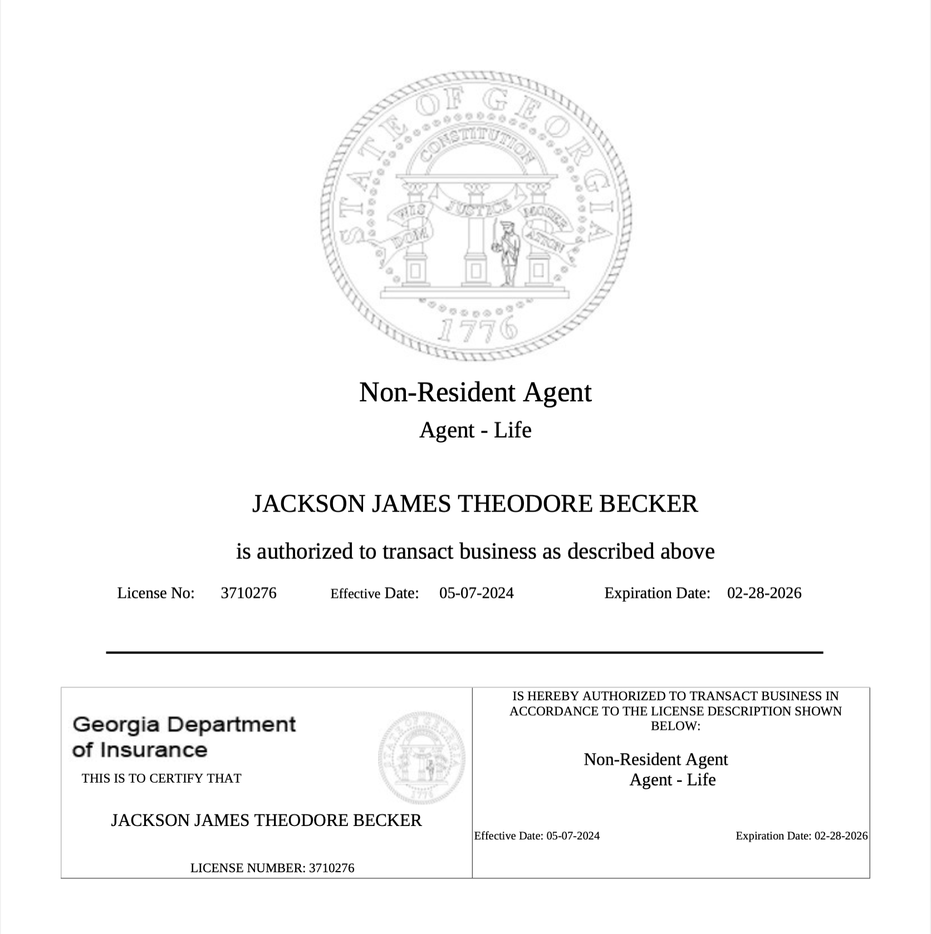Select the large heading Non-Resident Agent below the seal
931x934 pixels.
(x=475, y=392)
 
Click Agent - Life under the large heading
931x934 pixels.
(x=475, y=430)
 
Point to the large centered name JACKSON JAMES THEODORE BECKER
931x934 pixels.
(x=475, y=504)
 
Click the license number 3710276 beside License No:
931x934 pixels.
(x=248, y=593)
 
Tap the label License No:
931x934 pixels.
(x=156, y=593)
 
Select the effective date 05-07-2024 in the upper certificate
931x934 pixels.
(x=476, y=593)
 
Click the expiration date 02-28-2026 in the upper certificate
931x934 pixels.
(x=764, y=593)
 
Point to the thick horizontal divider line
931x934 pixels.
(x=464, y=652)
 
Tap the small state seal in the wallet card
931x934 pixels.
(x=421, y=758)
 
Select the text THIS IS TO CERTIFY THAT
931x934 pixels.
(x=161, y=778)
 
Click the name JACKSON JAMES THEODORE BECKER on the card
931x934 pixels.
(x=266, y=820)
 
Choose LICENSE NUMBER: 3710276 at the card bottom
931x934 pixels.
(x=272, y=868)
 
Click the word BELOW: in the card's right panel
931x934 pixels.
(x=675, y=726)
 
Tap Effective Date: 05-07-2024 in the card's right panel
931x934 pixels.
(x=537, y=835)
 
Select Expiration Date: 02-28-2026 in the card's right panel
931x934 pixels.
(x=801, y=835)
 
